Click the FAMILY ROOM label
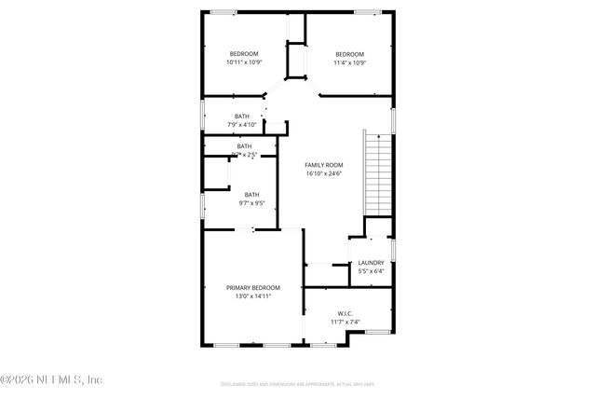[324, 165]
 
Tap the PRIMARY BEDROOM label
[252, 288]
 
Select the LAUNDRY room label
[371, 263]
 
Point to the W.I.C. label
[344, 314]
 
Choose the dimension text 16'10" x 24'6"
[324, 173]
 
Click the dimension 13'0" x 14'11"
[252, 296]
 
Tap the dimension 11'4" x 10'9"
[349, 62]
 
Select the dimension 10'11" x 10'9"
[244, 62]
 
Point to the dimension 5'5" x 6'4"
[371, 272]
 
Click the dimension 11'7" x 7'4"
[344, 323]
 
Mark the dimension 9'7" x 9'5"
[252, 203]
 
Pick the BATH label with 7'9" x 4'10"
[242, 117]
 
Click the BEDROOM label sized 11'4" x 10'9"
[349, 54]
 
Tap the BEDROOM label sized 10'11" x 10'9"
[244, 54]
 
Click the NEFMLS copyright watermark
[51, 379]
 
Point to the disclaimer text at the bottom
[299, 383]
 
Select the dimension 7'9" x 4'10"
[242, 125]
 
